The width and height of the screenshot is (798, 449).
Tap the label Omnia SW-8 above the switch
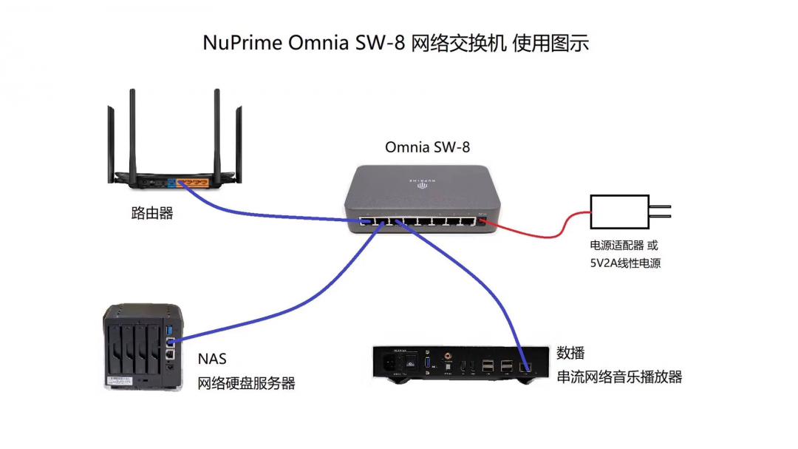click(427, 147)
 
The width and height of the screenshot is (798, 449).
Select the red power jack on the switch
click(482, 220)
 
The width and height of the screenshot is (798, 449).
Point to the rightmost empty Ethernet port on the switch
click(467, 220)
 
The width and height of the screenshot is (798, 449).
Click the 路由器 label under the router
click(152, 213)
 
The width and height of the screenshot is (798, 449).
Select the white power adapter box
click(619, 212)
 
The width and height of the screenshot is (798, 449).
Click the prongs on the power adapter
click(660, 212)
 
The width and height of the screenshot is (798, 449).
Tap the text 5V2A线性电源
click(624, 262)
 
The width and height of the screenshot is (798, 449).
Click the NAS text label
click(212, 359)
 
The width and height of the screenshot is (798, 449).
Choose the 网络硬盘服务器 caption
click(246, 383)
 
